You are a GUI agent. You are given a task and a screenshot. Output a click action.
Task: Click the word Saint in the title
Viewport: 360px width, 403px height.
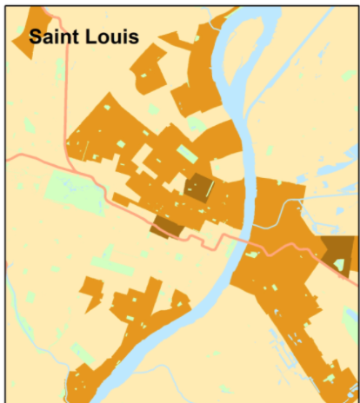point(57,37)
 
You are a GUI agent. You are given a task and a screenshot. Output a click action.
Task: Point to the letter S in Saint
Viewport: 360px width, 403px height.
point(35,37)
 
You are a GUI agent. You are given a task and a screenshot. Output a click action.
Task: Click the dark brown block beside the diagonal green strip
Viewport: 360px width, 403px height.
point(199,187)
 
